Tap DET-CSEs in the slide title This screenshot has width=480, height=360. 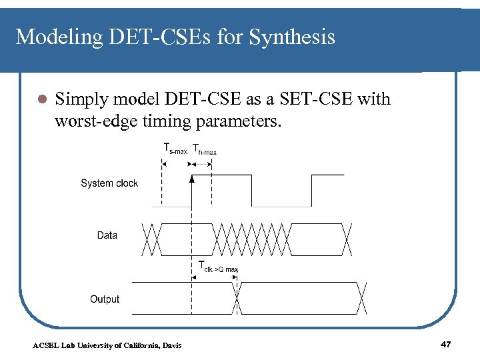[155, 37]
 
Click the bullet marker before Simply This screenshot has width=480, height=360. [40, 100]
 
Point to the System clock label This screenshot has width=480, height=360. [109, 183]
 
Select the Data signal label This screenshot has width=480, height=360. [107, 235]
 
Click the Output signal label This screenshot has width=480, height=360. [105, 299]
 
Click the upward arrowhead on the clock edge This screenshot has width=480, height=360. [192, 179]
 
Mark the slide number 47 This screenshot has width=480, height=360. [446, 344]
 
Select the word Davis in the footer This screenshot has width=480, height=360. [171, 345]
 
